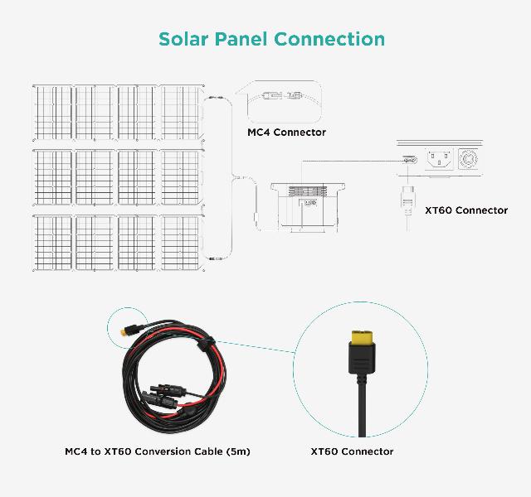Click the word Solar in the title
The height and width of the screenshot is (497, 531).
pyautogui.click(x=183, y=39)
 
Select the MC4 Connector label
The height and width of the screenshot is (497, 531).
pyautogui.click(x=286, y=133)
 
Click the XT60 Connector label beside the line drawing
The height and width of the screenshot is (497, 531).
pyautogui.click(x=466, y=210)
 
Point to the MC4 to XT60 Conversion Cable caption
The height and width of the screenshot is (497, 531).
pyautogui.click(x=158, y=451)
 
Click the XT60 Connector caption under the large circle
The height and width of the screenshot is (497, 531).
pyautogui.click(x=352, y=451)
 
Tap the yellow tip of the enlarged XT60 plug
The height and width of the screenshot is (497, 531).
pyautogui.click(x=362, y=337)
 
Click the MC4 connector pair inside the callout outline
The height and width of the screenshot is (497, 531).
pyautogui.click(x=282, y=96)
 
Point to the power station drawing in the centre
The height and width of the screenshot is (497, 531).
pyautogui.click(x=308, y=207)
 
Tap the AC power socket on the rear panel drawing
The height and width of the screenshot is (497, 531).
pyautogui.click(x=439, y=158)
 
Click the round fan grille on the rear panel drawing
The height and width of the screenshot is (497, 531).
pyautogui.click(x=468, y=158)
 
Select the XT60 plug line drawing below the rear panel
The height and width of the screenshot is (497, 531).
pyautogui.click(x=407, y=207)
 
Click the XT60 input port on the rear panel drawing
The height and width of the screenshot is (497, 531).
pyautogui.click(x=409, y=160)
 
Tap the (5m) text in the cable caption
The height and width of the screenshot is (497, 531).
pyautogui.click(x=238, y=451)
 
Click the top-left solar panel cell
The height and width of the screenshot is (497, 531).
pyautogui.click(x=53, y=113)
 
